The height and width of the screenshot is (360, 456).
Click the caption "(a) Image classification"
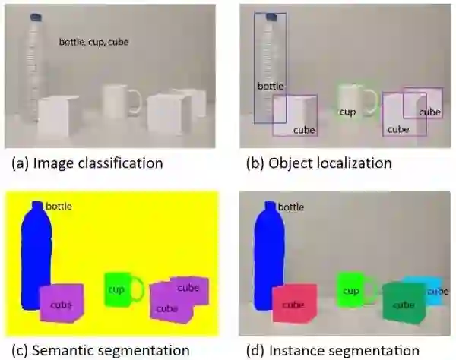pyautogui.click(x=87, y=163)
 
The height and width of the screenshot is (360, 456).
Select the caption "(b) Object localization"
pyautogui.click(x=318, y=163)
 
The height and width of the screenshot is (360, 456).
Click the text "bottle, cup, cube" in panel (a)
pyautogui.click(x=93, y=43)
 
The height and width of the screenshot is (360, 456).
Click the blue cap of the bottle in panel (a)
pyautogui.click(x=35, y=16)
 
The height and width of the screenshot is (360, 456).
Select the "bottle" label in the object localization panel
pyautogui.click(x=271, y=86)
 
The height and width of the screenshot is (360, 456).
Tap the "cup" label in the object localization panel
pyautogui.click(x=347, y=112)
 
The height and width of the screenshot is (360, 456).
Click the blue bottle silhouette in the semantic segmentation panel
pyautogui.click(x=33, y=258)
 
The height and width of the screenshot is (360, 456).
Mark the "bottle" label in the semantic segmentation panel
pyautogui.click(x=59, y=206)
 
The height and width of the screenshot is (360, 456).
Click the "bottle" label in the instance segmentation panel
pyautogui.click(x=291, y=207)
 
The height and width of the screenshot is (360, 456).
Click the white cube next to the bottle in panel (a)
pyautogui.click(x=55, y=118)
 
